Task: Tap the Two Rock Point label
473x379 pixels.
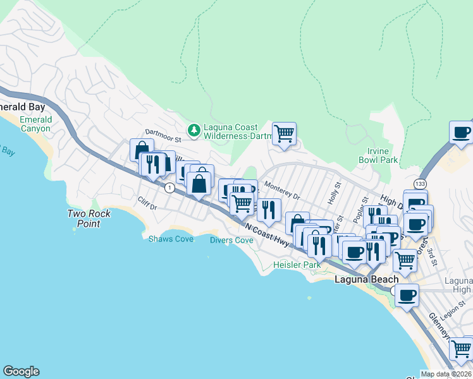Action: [89, 219]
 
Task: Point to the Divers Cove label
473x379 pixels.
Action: [231, 240]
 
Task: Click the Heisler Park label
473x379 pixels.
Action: [297, 265]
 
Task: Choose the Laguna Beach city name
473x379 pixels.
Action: [366, 279]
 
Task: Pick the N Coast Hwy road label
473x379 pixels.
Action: [266, 234]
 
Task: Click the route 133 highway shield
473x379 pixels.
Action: [420, 183]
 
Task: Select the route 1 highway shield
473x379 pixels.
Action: [169, 188]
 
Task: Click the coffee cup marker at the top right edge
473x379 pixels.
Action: [461, 133]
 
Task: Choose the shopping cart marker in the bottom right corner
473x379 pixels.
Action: [461, 348]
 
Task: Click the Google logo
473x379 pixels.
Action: [21, 371]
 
